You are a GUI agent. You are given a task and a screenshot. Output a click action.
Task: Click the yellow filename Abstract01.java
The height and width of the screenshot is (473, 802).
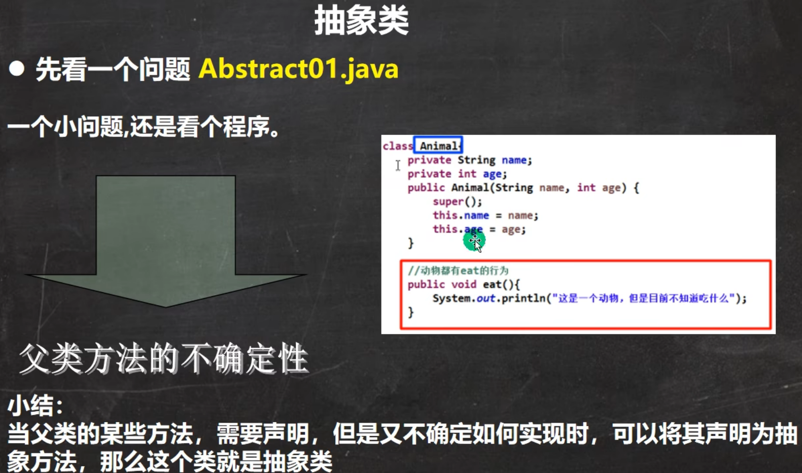tap(298, 69)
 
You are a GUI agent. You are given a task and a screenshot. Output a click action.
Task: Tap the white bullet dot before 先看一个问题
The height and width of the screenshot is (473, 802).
tap(16, 68)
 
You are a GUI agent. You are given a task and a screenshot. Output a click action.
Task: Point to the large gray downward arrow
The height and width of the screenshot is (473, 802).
tap(166, 241)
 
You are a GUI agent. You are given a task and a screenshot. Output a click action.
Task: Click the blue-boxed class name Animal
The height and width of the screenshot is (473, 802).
tap(438, 146)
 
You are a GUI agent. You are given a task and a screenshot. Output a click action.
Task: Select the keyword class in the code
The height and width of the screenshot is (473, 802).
tap(398, 146)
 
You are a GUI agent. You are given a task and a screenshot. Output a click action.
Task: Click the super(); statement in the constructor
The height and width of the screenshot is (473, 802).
tap(457, 202)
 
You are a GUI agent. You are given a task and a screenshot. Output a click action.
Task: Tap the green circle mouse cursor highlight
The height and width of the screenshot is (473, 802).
tap(474, 241)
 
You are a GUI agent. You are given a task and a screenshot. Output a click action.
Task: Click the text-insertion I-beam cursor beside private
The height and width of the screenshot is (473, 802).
tap(398, 165)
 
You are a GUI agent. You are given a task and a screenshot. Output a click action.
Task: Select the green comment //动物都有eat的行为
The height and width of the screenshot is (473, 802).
tap(458, 270)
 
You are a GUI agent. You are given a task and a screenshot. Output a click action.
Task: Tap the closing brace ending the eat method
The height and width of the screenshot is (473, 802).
tap(411, 312)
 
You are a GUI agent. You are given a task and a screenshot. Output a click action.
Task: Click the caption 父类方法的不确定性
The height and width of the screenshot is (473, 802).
tap(164, 359)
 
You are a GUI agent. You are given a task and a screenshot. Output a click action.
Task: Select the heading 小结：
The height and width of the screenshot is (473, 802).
tap(35, 406)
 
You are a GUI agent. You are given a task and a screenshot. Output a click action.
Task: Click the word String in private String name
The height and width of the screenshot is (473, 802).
tap(477, 160)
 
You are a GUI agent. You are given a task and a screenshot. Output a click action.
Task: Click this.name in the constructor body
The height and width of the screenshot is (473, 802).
tap(461, 215)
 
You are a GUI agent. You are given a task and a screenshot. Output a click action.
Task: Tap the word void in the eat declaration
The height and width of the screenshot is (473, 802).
tap(464, 284)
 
